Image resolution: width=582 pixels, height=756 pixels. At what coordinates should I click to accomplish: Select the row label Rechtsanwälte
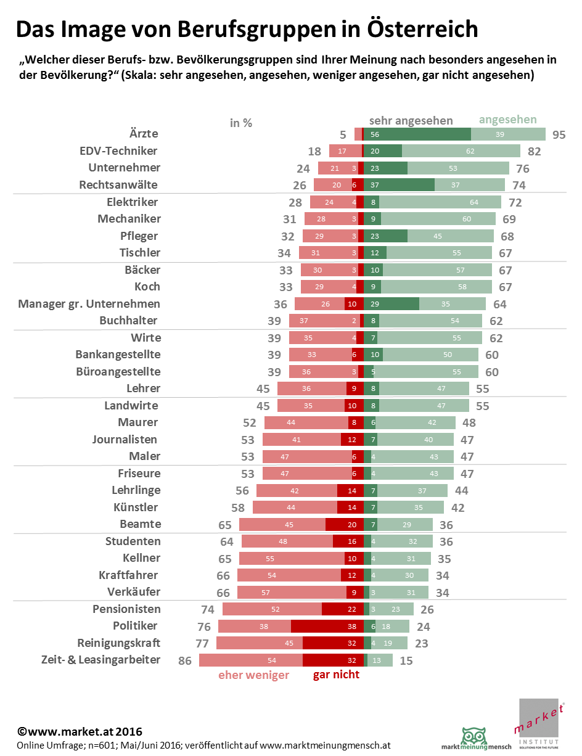[118, 184]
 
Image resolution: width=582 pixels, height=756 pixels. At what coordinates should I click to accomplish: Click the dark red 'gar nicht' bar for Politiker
[327, 627]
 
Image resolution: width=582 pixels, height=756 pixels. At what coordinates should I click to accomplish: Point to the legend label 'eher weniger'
[253, 675]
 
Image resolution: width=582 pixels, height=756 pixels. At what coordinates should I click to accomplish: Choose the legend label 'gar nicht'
[336, 675]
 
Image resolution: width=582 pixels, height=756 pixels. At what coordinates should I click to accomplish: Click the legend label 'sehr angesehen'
[411, 121]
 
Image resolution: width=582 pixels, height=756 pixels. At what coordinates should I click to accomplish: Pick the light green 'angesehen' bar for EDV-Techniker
[461, 151]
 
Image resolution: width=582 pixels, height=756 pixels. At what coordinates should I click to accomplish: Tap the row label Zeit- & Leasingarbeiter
[100, 660]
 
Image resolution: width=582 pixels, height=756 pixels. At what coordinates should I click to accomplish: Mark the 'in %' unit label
[241, 123]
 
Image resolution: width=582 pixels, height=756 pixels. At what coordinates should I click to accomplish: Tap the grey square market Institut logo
[541, 725]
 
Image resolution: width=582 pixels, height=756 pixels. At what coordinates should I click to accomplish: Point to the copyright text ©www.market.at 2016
[80, 732]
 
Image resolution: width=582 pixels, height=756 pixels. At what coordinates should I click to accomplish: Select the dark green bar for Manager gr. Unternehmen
[391, 304]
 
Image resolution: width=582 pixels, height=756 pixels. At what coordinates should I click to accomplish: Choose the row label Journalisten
[125, 440]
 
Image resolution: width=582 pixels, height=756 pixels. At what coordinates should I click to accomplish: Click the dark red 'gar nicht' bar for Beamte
[344, 525]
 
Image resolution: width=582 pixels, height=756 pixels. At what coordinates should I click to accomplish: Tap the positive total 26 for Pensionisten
[427, 610]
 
